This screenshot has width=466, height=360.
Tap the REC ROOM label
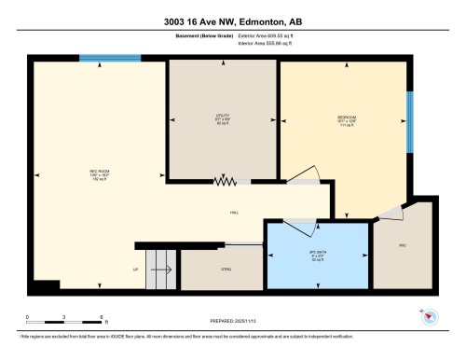click(x=75, y=175)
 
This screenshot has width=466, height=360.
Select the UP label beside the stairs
click(x=136, y=270)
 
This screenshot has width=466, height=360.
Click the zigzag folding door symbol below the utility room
click(x=224, y=182)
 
